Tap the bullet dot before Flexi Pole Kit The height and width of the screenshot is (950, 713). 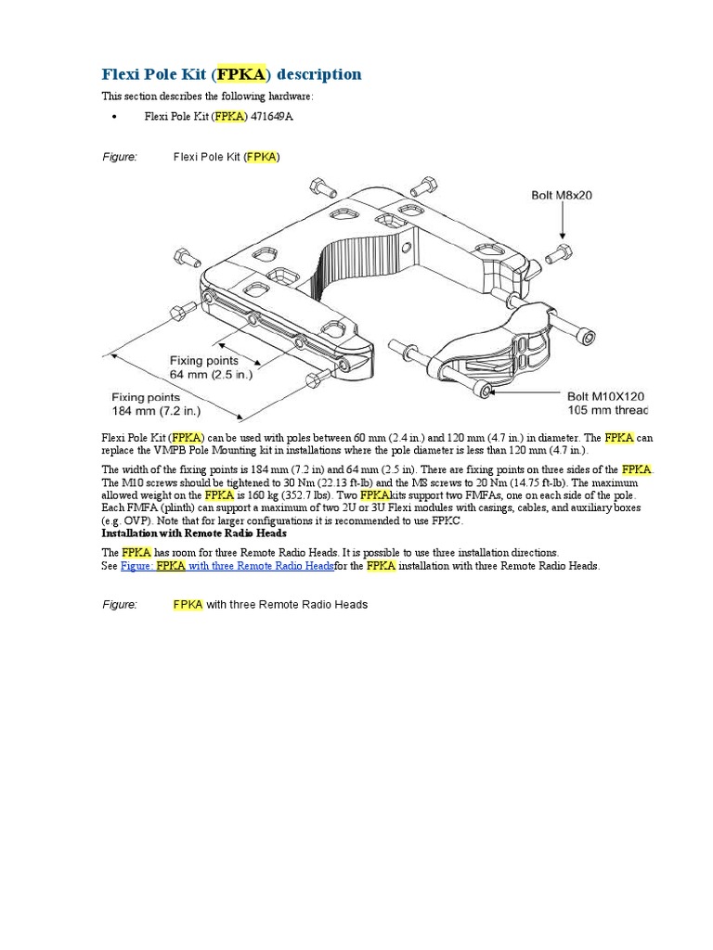112,118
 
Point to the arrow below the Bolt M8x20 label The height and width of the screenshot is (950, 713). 562,222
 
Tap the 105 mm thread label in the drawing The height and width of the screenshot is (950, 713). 607,410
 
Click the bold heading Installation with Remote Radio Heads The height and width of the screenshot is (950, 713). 193,533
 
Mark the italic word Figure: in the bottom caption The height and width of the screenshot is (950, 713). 119,605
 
